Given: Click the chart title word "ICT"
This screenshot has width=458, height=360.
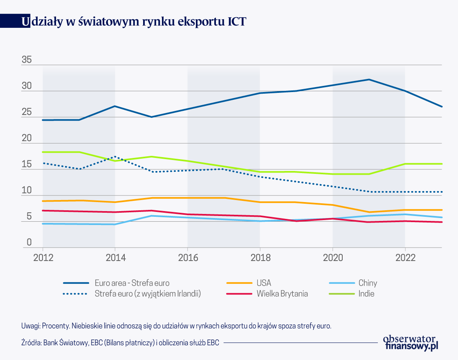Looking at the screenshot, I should coord(236,22).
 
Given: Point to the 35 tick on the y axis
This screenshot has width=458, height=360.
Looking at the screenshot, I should coord(27,60).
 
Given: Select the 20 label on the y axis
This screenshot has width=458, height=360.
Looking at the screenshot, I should coord(27,138).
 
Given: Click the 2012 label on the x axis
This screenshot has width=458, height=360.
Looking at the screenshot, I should coord(43,258).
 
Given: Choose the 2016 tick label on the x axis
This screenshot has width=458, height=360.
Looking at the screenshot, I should coord(188,258).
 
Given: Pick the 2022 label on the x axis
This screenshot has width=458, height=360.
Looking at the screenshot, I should coord(405,258).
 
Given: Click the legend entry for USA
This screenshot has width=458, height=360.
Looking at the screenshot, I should coord(264,283).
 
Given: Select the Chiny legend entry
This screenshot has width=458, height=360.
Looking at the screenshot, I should coord(368,283).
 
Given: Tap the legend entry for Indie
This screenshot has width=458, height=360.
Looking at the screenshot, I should coord(366,293).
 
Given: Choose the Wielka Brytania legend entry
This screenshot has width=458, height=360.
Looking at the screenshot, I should coord(282,293).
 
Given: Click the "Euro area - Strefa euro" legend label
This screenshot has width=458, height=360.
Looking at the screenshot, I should coord(132,283).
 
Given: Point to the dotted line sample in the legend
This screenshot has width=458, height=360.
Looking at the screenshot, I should coord(76,293).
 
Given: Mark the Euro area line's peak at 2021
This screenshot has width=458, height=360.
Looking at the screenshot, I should coord(369,79).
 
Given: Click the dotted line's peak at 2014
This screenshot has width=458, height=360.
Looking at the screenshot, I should coord(115,157).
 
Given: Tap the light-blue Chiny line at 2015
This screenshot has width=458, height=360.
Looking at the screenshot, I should coord(151,216).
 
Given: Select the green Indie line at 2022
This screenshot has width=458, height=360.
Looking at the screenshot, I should coord(405,164).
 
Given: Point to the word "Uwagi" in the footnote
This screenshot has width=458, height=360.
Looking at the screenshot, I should coord(31,326).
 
